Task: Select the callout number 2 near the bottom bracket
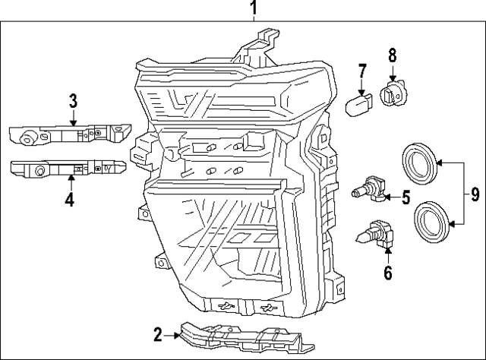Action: click(x=157, y=333)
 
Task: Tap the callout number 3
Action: click(x=73, y=100)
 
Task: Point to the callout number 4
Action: click(x=69, y=200)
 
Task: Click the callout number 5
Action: click(x=406, y=198)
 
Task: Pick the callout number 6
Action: click(x=387, y=271)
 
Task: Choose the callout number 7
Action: click(x=362, y=73)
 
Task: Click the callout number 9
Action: click(x=475, y=193)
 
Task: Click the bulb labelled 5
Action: click(x=368, y=190)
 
